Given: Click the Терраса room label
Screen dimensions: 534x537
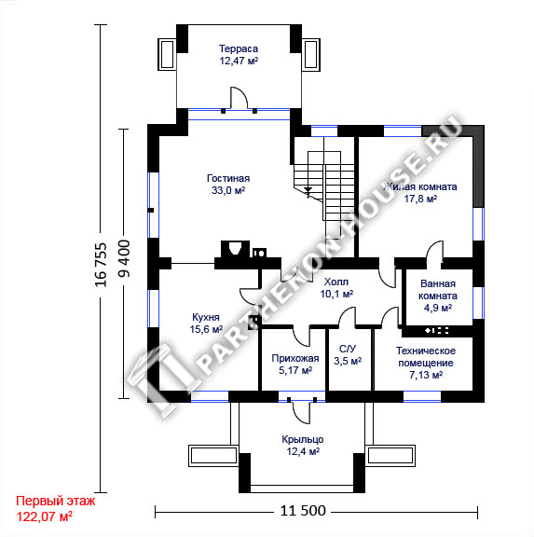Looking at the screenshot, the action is pyautogui.click(x=239, y=55).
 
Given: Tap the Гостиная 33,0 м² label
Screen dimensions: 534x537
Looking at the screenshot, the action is pyautogui.click(x=228, y=185).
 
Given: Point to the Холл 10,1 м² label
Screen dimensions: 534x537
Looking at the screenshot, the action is pyautogui.click(x=336, y=288).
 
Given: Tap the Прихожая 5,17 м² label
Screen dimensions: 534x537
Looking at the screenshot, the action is pyautogui.click(x=295, y=365).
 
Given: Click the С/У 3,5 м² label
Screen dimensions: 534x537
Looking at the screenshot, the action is pyautogui.click(x=348, y=355).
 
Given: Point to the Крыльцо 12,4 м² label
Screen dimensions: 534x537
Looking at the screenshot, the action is pyautogui.click(x=303, y=446).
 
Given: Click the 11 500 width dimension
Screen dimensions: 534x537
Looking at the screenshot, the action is pyautogui.click(x=303, y=511).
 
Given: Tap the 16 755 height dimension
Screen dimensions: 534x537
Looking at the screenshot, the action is pyautogui.click(x=101, y=265).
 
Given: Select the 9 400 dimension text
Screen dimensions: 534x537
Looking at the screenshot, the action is pyautogui.click(x=124, y=258).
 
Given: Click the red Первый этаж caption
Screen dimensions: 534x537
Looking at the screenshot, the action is pyautogui.click(x=56, y=501).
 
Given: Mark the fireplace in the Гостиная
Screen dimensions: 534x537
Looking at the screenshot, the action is pyautogui.click(x=235, y=249).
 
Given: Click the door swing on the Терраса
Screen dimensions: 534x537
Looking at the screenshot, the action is pyautogui.click(x=240, y=98).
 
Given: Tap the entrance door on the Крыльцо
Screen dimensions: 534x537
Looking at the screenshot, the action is pyautogui.click(x=302, y=412).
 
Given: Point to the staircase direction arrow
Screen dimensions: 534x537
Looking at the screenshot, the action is pyautogui.click(x=308, y=191).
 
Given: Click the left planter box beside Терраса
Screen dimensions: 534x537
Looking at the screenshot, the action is pyautogui.click(x=167, y=54).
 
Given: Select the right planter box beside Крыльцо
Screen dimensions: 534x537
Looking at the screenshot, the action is pyautogui.click(x=390, y=456).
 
